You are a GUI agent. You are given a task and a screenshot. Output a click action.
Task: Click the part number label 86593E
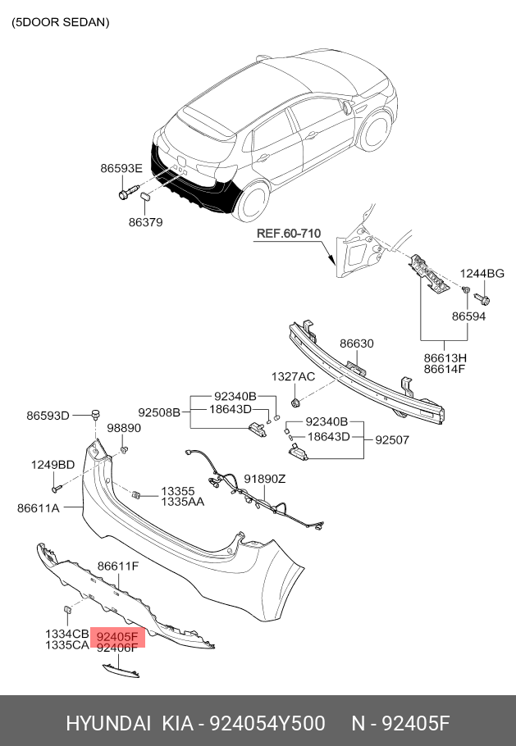(x=121, y=168)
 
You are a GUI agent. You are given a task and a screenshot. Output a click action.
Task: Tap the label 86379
(x=145, y=222)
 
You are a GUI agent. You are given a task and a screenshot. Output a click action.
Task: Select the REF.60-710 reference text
(x=288, y=233)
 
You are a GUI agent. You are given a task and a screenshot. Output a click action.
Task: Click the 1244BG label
(x=482, y=273)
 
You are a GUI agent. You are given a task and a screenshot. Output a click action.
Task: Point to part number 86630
(x=357, y=343)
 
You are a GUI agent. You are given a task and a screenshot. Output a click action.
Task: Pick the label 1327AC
(x=294, y=376)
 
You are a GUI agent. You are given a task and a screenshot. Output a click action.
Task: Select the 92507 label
(x=392, y=439)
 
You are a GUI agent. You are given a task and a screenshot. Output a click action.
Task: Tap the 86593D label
(x=48, y=416)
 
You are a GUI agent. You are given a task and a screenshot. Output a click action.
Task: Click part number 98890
(x=124, y=428)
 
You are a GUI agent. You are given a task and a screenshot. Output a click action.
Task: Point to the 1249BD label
(x=53, y=465)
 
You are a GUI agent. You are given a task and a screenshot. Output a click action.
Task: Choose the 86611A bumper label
(x=38, y=508)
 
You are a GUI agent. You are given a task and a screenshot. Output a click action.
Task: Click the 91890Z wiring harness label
(x=265, y=479)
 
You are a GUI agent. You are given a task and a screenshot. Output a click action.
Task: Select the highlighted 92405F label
(x=118, y=636)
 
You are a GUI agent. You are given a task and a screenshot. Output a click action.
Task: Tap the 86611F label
(x=117, y=566)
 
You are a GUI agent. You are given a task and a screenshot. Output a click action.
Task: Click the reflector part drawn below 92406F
(x=120, y=672)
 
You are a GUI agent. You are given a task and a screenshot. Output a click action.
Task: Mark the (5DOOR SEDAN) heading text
(x=60, y=23)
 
